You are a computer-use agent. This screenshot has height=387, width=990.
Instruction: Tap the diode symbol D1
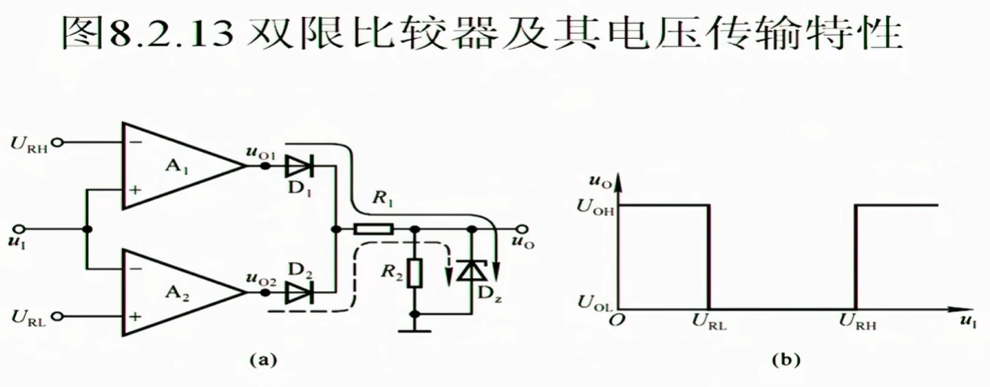[297, 166]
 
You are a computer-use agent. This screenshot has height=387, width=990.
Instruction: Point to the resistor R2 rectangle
[416, 274]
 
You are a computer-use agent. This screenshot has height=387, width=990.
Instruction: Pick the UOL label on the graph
[594, 302]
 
